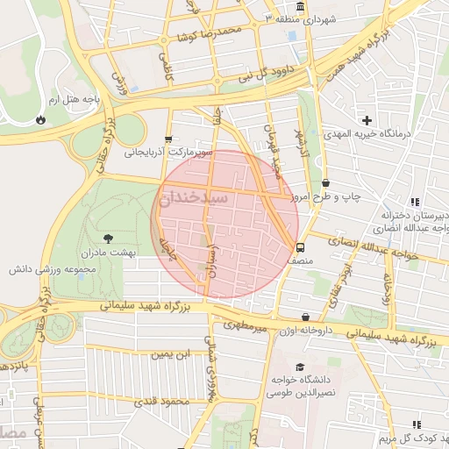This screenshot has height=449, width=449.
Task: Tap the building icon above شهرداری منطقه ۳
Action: pyautogui.click(x=301, y=7)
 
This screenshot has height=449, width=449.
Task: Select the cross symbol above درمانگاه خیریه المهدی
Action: pyautogui.click(x=367, y=119)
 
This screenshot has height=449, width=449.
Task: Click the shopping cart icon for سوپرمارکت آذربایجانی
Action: pyautogui.click(x=168, y=139)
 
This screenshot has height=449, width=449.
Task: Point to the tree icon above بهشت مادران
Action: pyautogui.click(x=108, y=238)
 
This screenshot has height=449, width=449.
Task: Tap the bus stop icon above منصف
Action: pyautogui.click(x=301, y=247)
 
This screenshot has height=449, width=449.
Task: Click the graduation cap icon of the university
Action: pyautogui.click(x=300, y=367)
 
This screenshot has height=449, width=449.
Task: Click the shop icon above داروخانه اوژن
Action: pyautogui.click(x=305, y=317)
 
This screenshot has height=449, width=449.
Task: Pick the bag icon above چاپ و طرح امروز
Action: pyautogui.click(x=326, y=183)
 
